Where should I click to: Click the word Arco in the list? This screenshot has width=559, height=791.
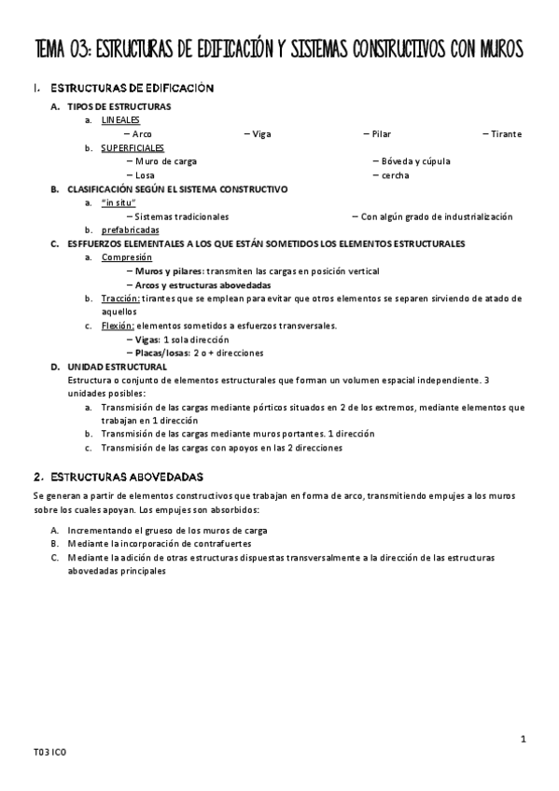pyautogui.click(x=142, y=134)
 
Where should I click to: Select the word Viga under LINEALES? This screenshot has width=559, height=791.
pyautogui.click(x=261, y=134)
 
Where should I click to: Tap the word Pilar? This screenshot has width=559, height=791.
pyautogui.click(x=381, y=134)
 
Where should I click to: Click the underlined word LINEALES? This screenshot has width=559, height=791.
pyautogui.click(x=120, y=120)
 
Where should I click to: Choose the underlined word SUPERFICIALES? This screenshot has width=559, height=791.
pyautogui.click(x=133, y=147)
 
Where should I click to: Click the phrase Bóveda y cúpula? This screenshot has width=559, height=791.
pyautogui.click(x=416, y=161)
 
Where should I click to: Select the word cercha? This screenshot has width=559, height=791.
pyautogui.click(x=395, y=175)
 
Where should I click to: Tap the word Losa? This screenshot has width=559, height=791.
pyautogui.click(x=145, y=175)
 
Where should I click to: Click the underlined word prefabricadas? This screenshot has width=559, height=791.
pyautogui.click(x=130, y=229)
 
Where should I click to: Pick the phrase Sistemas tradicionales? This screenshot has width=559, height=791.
pyautogui.click(x=181, y=216)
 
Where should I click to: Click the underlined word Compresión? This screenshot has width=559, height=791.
pyautogui.click(x=127, y=257)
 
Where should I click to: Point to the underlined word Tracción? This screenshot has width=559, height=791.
pyautogui.click(x=120, y=298)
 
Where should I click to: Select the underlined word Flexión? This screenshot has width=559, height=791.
pyautogui.click(x=118, y=326)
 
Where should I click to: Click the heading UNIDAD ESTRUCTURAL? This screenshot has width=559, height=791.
pyautogui.click(x=117, y=367)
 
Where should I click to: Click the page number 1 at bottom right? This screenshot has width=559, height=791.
pyautogui.click(x=524, y=740)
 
